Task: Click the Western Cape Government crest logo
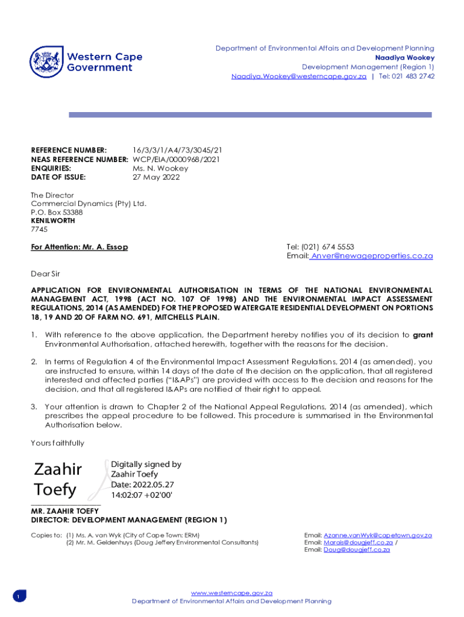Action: click(x=46, y=62)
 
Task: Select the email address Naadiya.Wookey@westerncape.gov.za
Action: click(x=299, y=77)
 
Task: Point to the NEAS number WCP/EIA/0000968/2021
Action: click(x=176, y=159)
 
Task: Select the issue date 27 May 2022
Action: click(x=156, y=177)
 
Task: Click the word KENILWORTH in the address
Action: click(x=53, y=221)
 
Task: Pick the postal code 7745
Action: click(x=39, y=229)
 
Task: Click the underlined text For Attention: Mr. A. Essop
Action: click(x=80, y=247)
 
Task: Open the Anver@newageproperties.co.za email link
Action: click(x=371, y=256)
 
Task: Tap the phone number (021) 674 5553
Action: click(x=328, y=247)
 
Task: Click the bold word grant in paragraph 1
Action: click(x=422, y=335)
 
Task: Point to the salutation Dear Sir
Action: click(x=45, y=274)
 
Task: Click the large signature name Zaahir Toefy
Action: click(x=58, y=479)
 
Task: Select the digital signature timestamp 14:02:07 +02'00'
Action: click(x=142, y=495)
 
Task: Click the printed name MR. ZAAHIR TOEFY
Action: click(x=64, y=511)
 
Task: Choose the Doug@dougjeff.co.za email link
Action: click(x=357, y=550)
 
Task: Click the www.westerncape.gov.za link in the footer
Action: click(x=231, y=593)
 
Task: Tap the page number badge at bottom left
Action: click(x=18, y=597)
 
